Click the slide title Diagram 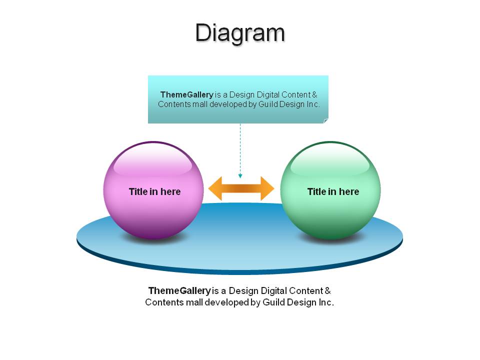click(240, 33)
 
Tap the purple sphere click(153, 190)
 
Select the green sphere click(330, 190)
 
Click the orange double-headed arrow click(241, 188)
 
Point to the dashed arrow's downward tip click(240, 177)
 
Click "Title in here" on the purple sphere click(154, 191)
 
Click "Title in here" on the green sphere click(333, 191)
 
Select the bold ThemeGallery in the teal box click(186, 94)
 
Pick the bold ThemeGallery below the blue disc click(179, 290)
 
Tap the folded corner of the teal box click(326, 121)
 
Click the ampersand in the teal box click(314, 94)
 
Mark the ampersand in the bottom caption click(327, 290)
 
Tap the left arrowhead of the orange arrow click(215, 188)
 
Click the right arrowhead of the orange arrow click(267, 188)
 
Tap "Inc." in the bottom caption click(326, 302)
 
